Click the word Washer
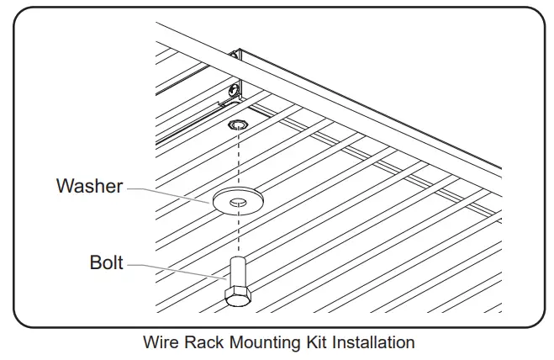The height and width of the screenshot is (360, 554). pyautogui.click(x=89, y=186)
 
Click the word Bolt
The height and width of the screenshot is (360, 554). pyautogui.click(x=106, y=263)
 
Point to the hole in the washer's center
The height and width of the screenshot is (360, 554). pyautogui.click(x=238, y=200)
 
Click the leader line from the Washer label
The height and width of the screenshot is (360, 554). pyautogui.click(x=168, y=192)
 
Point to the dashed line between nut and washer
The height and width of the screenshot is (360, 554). pyautogui.click(x=239, y=160)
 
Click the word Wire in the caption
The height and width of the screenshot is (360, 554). pyautogui.click(x=160, y=343)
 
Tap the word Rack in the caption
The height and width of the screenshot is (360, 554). pyautogui.click(x=201, y=343)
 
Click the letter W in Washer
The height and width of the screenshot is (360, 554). pyautogui.click(x=64, y=186)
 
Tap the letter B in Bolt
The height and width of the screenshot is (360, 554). pyautogui.click(x=94, y=263)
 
